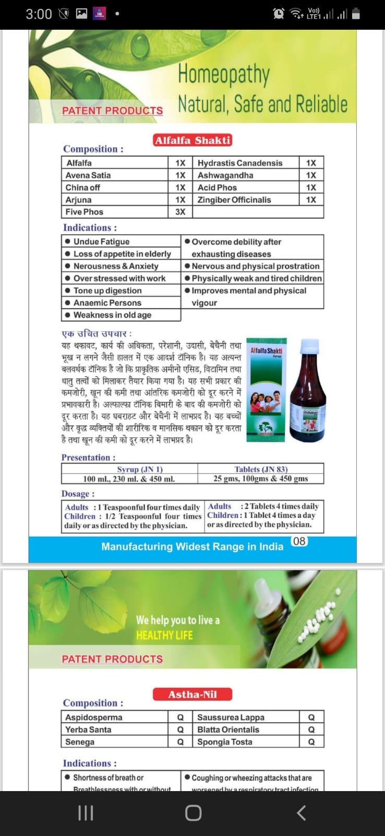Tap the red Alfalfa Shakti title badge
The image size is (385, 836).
pos(192,140)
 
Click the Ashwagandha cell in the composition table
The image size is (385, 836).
pos(225,175)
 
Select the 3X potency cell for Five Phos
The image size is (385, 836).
pos(180,212)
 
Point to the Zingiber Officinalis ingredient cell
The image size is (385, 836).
pos(234,200)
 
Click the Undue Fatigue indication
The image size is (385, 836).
pos(101,241)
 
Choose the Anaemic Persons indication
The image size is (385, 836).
pos(107,303)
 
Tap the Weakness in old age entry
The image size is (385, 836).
pos(112,315)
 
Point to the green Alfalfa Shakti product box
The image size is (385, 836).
pos(266,389)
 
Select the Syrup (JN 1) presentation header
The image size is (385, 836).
pos(140,469)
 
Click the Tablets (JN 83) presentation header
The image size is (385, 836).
pos(261,469)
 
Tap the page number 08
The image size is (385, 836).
pos(299,541)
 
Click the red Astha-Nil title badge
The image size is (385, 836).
pos(192,694)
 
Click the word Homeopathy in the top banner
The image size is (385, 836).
pos(224,75)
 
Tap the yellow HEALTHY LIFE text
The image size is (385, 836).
pos(164,635)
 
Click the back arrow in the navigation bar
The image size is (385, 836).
pos(301,812)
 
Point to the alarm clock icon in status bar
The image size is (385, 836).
pos(279,14)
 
